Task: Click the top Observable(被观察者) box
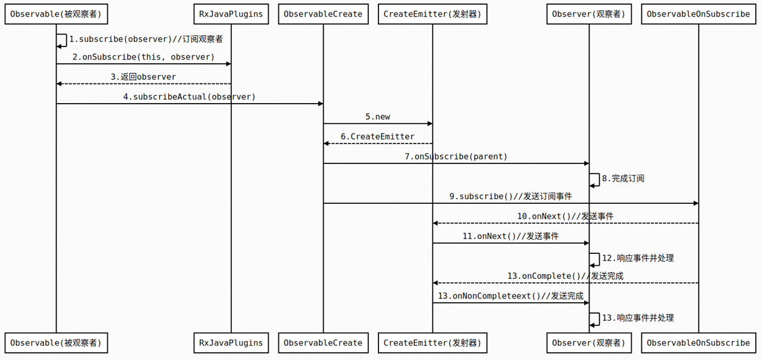pos(56,14)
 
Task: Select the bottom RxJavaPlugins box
pos(231,343)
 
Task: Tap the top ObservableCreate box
pos(323,14)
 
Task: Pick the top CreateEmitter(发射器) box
pos(432,14)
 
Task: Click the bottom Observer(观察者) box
pos(589,343)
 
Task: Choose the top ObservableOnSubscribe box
pos(698,14)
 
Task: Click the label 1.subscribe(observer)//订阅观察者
pos(146,39)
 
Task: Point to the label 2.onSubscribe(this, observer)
pos(143,57)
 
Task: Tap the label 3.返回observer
pos(143,77)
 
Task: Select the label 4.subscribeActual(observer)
pos(189,97)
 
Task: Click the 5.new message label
pos(378,117)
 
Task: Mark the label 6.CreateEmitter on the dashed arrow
pos(377,136)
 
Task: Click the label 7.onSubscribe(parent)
pos(456,157)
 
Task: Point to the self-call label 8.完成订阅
pos(623,178)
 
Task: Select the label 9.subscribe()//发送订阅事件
pos(511,196)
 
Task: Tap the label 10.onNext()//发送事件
pos(565,216)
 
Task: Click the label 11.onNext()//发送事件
pos(511,236)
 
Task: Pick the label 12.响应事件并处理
pos(638,258)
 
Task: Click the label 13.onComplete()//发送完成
pos(565,276)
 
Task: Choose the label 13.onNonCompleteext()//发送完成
pos(511,296)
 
